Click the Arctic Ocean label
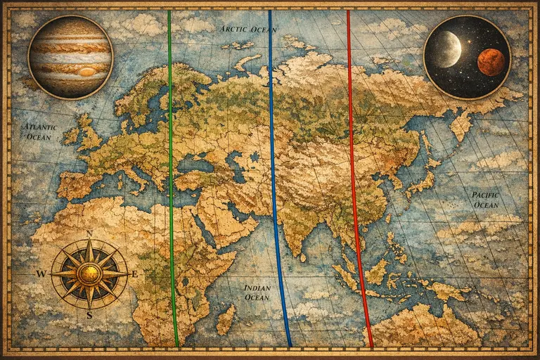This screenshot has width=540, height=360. point(248,30)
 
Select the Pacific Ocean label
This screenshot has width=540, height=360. point(485,199)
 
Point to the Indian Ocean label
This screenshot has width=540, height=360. point(257,292)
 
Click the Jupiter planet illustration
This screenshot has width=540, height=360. point(70,56)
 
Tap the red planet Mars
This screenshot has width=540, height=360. point(491,62)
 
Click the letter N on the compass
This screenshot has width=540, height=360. point(89,234)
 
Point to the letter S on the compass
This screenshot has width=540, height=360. point(89,314)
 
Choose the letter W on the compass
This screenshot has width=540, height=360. point(41,274)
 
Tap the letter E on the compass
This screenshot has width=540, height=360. point(134,274)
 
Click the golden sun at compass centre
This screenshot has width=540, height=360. point(89,274)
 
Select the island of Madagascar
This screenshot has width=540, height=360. point(226,319)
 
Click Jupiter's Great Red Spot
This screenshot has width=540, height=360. point(87,71)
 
